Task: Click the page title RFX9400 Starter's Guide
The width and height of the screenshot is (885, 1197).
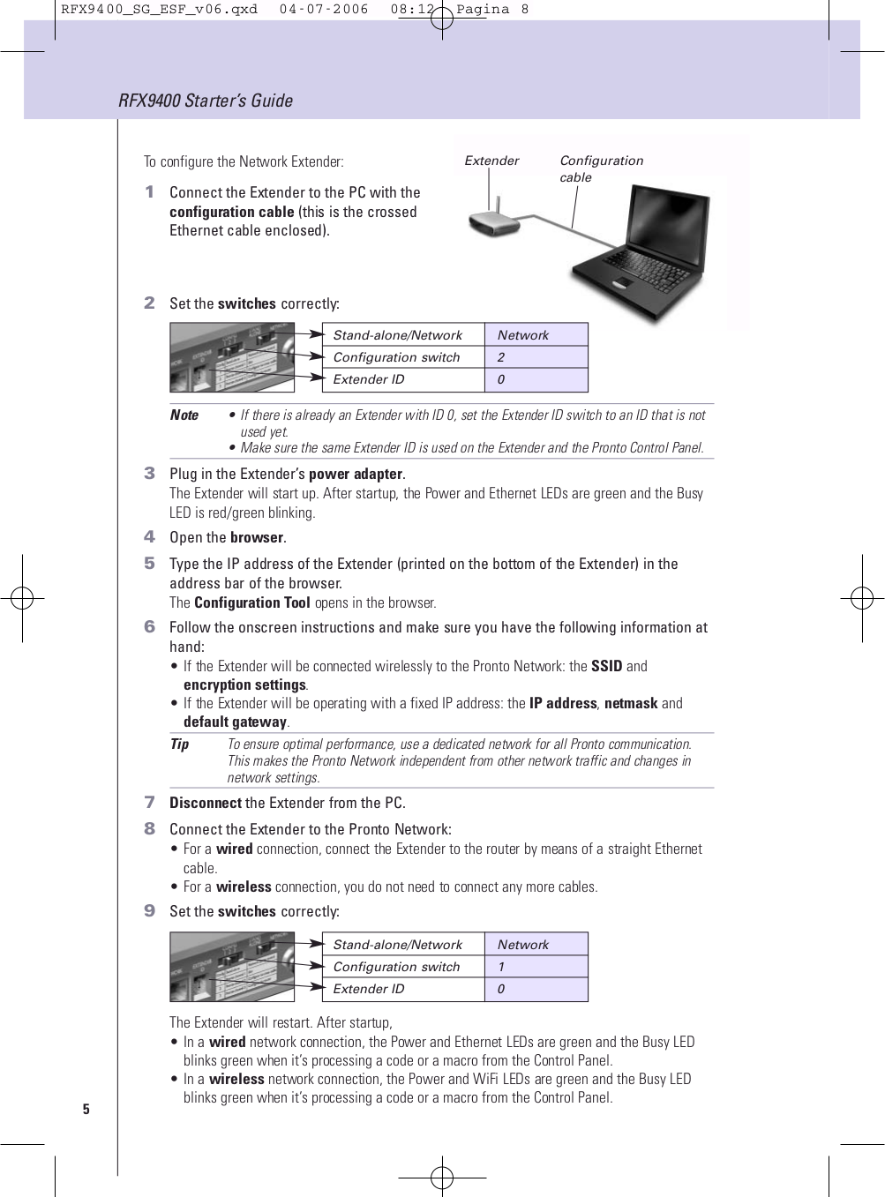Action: pos(205,101)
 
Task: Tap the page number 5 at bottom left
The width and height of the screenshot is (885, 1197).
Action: pos(86,1109)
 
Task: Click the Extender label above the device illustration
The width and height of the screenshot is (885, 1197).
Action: pos(491,161)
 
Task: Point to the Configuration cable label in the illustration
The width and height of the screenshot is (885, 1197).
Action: pos(600,168)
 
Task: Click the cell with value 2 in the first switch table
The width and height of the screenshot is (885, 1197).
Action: pos(536,357)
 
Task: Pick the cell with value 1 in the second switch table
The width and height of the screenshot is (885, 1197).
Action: pos(536,967)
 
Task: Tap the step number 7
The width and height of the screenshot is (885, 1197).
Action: pos(149,802)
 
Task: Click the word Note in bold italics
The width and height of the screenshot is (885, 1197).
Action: pos(184,415)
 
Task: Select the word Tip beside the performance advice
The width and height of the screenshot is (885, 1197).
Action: pos(179,744)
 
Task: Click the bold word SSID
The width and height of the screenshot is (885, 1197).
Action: pos(606,666)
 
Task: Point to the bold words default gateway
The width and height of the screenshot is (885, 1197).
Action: pos(235,722)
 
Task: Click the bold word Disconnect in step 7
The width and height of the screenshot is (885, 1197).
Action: pos(205,803)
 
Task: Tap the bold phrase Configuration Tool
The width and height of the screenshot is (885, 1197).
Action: pos(251,602)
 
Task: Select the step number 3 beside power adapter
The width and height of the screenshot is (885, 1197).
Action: pos(149,474)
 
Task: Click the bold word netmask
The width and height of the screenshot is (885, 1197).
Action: pos(630,703)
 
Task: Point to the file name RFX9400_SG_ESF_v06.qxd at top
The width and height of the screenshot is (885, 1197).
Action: pos(159,9)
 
